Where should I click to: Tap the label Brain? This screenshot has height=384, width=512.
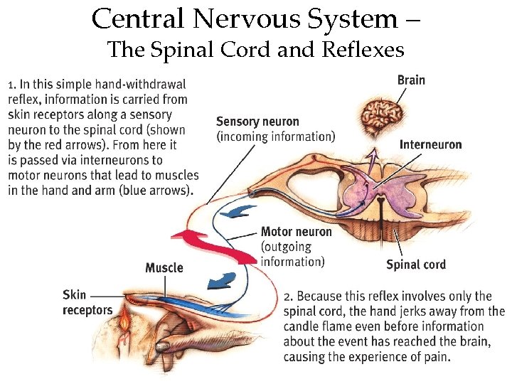point(411,80)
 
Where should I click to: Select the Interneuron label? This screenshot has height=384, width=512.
point(430,144)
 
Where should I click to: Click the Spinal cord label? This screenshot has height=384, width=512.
point(416,265)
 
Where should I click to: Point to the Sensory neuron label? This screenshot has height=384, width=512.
point(257,122)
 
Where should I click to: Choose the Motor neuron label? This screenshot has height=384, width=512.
point(296,231)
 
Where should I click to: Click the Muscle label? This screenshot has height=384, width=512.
point(164,267)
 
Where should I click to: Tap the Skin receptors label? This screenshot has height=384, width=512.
point(87,302)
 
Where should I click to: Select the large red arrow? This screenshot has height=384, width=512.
point(214,245)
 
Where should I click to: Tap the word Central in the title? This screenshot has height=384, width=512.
point(137,18)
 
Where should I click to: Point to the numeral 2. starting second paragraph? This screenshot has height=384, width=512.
point(288,296)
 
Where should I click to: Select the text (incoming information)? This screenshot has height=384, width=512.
point(275,136)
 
